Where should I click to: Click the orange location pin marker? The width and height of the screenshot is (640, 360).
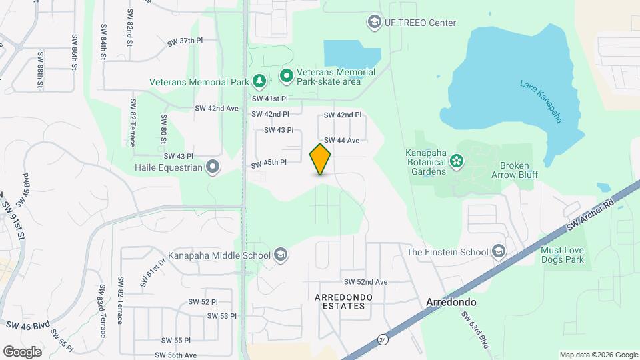[x=321, y=159]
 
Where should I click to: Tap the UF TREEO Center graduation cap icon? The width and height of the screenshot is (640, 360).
[x=373, y=23]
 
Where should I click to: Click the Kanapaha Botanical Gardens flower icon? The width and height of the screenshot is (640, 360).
[x=457, y=160]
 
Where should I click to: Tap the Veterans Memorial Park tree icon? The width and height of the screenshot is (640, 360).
[x=259, y=81]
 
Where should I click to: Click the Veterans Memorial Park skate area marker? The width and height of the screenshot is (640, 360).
[x=287, y=77]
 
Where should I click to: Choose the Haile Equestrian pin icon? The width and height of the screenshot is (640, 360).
[x=213, y=167]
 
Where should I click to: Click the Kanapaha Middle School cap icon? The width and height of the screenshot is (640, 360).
[x=281, y=255]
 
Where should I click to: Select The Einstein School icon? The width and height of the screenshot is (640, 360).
[x=498, y=251]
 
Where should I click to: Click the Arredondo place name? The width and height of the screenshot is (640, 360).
[x=451, y=302]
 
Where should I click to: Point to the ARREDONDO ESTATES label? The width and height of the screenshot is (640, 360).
[x=340, y=301]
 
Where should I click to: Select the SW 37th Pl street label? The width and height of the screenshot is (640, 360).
[x=185, y=41]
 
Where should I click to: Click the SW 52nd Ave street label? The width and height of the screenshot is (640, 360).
[x=365, y=282]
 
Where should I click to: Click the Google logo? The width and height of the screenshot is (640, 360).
[x=22, y=352]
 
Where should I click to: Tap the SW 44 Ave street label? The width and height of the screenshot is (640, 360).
[x=343, y=141]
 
